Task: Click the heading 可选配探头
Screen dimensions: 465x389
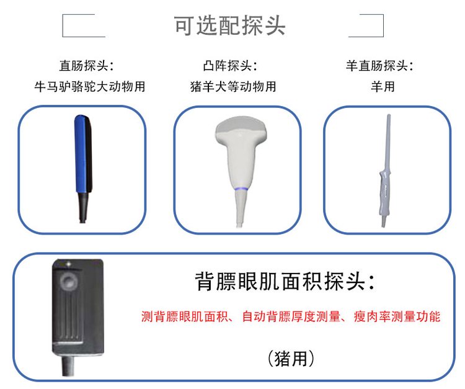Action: coord(229,25)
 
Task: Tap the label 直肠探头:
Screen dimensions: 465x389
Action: coord(87,66)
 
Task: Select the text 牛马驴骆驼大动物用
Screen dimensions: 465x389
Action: coord(89,87)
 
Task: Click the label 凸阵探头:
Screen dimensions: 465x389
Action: coord(230,66)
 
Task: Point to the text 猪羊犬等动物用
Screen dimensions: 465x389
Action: coord(233,87)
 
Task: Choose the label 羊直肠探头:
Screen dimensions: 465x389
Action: coord(379,66)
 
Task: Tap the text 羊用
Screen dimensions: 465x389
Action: coord(383,87)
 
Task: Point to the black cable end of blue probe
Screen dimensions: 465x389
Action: coord(83,208)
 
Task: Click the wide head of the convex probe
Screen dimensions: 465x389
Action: coord(241,128)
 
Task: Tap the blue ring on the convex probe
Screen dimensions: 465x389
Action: coord(241,189)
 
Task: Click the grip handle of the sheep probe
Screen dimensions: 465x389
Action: coord(383,193)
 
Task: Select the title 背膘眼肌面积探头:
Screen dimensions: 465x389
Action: coord(285,281)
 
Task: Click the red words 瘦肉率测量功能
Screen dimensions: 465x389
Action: coord(397,316)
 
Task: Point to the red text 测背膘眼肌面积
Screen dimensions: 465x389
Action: coord(184,316)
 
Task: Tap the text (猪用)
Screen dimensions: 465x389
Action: coord(291,359)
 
